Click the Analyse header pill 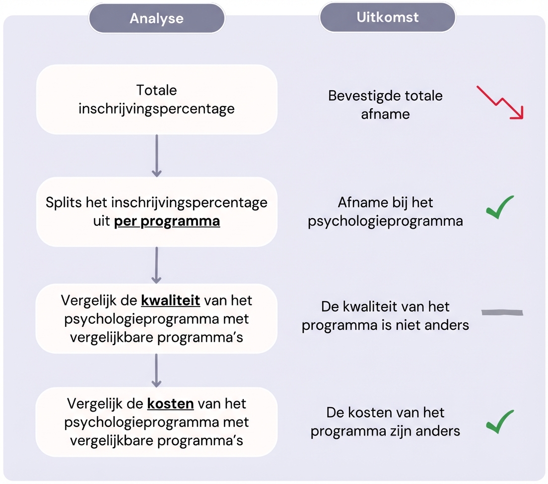point(156,19)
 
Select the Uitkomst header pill point(387,18)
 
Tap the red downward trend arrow point(500,102)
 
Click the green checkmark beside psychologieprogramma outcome point(499,207)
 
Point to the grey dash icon point(502,312)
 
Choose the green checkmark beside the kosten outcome point(499,422)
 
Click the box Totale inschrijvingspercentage point(156,99)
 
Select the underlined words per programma point(167,221)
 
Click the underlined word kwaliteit point(170,301)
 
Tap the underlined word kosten point(170,404)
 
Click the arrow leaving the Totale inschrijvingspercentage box point(156,155)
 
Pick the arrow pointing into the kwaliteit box point(156,265)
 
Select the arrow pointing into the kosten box point(156,369)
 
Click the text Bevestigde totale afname point(385,104)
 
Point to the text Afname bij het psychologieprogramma point(385,212)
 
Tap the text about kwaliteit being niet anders point(385,316)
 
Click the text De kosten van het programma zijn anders point(385,422)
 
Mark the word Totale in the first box point(156,90)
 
